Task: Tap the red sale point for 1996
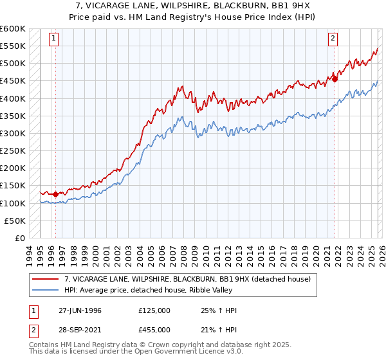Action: pyautogui.click(x=56, y=194)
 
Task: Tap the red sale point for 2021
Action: pyautogui.click(x=335, y=79)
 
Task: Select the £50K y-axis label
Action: pyautogui.click(x=15, y=221)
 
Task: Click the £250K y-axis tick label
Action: pyautogui.click(x=12, y=150)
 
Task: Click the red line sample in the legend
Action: pyautogui.click(x=46, y=279)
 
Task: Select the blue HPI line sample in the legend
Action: pyautogui.click(x=46, y=289)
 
